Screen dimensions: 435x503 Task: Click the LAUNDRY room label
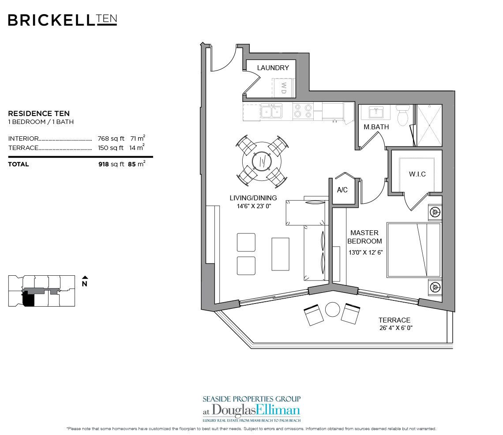tap(273, 67)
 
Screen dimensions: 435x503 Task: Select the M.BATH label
tap(376, 127)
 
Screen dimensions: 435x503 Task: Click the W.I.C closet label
tap(417, 174)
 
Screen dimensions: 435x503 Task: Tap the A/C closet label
tap(343, 190)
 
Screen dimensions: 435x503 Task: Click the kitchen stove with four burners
tap(303, 111)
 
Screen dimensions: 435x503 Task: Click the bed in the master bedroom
tap(413, 250)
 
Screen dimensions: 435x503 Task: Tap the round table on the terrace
tap(331, 310)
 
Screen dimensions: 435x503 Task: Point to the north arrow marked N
tap(85, 282)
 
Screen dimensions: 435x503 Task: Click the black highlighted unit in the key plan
tap(28, 300)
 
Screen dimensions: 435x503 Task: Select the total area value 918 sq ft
tap(111, 164)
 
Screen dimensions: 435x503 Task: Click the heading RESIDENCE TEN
tap(39, 113)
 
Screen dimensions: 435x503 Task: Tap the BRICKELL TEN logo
tap(62, 20)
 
